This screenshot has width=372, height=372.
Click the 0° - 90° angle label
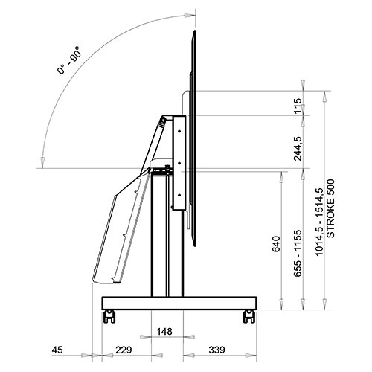(x=68, y=60)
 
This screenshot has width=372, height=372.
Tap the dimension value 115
(x=298, y=106)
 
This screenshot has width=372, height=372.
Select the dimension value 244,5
(x=298, y=149)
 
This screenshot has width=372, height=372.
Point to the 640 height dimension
(x=276, y=244)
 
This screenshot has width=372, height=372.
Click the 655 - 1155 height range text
(x=298, y=253)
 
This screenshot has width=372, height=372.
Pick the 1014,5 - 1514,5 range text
(x=319, y=222)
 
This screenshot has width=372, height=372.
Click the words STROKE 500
(x=330, y=208)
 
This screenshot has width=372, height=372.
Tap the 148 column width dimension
(x=164, y=332)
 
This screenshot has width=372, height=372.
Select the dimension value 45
(x=57, y=350)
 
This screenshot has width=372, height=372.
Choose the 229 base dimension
(x=124, y=350)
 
